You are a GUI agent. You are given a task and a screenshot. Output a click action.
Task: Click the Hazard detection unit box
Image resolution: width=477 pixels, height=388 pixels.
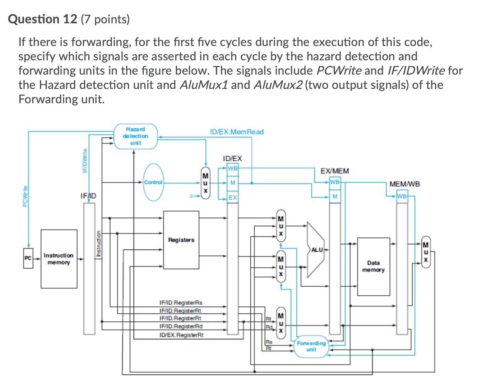(136, 136)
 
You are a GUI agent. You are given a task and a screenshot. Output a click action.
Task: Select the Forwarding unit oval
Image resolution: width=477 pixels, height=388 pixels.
(311, 346)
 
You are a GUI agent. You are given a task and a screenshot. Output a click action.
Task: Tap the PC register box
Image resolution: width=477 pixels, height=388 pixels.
(28, 258)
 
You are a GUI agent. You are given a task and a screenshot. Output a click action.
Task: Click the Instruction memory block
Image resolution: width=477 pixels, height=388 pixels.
(59, 259)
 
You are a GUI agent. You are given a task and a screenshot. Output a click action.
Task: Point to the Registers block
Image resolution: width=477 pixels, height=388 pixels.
(181, 240)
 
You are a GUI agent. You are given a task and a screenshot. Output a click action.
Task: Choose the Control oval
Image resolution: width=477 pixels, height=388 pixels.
(153, 182)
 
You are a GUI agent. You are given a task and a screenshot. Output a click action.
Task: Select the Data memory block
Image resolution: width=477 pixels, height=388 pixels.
(373, 266)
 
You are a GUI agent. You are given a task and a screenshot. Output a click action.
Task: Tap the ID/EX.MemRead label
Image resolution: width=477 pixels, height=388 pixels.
(237, 132)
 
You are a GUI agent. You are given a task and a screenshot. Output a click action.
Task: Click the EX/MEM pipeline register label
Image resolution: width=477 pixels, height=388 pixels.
(335, 171)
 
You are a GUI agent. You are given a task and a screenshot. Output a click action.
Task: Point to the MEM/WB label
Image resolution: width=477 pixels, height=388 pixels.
(404, 184)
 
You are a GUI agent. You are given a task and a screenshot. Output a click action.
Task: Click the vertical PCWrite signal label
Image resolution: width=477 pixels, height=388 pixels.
(25, 196)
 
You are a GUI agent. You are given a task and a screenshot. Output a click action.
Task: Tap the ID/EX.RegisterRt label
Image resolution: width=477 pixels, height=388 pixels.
(181, 335)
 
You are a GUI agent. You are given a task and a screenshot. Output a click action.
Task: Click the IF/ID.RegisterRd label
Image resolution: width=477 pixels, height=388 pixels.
(181, 326)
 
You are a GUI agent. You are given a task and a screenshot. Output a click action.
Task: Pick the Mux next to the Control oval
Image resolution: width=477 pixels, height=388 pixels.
(205, 182)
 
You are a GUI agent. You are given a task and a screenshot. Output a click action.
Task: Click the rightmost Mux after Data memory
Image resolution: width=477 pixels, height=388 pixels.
(425, 252)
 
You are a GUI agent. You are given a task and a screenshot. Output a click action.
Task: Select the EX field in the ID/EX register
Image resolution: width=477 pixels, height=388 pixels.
(232, 197)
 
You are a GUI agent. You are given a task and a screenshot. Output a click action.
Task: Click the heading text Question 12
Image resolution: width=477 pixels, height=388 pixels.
(43, 19)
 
